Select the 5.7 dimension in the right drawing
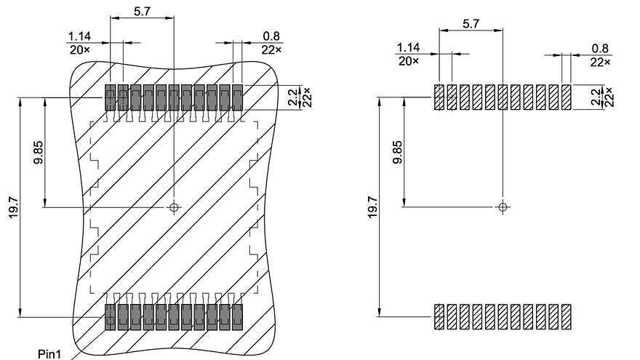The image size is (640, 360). pos(471,23)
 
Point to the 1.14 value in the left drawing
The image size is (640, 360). pos(79,36)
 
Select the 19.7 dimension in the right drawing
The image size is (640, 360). pos(372,209)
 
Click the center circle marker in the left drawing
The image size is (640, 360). pos(174,208)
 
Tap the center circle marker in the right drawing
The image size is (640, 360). pos(503,207)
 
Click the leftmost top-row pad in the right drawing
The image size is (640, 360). pos(439,97)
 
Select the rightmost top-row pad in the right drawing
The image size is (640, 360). pos(566,97)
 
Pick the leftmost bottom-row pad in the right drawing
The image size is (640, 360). pos(439,316)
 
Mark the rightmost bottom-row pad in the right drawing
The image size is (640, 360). pos(566,316)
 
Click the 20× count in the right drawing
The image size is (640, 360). pos(409,62)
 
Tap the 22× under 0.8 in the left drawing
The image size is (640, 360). pos(271,49)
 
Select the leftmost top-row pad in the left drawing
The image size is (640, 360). pos(110,97)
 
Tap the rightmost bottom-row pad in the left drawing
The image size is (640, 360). pos(236,316)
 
